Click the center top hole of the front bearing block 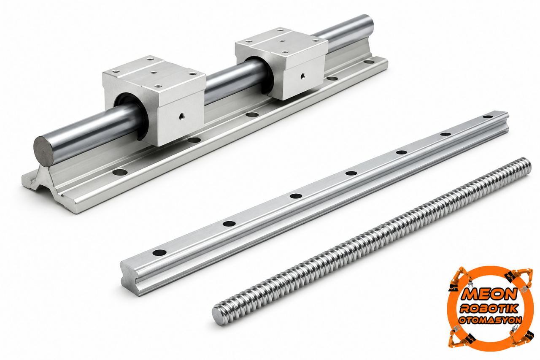pos(152,72)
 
